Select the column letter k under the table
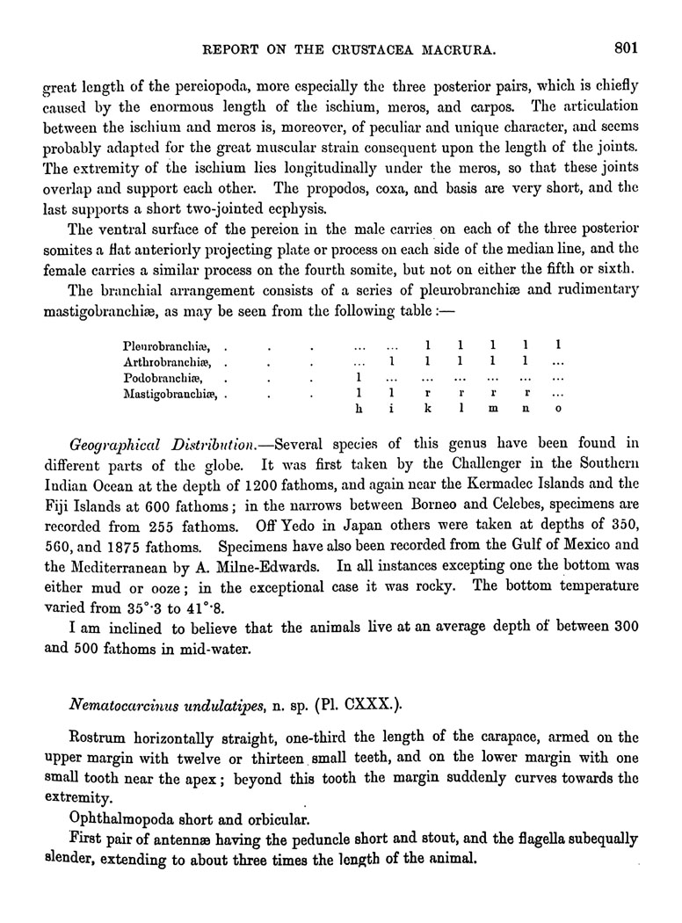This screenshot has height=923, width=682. coord(426,409)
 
